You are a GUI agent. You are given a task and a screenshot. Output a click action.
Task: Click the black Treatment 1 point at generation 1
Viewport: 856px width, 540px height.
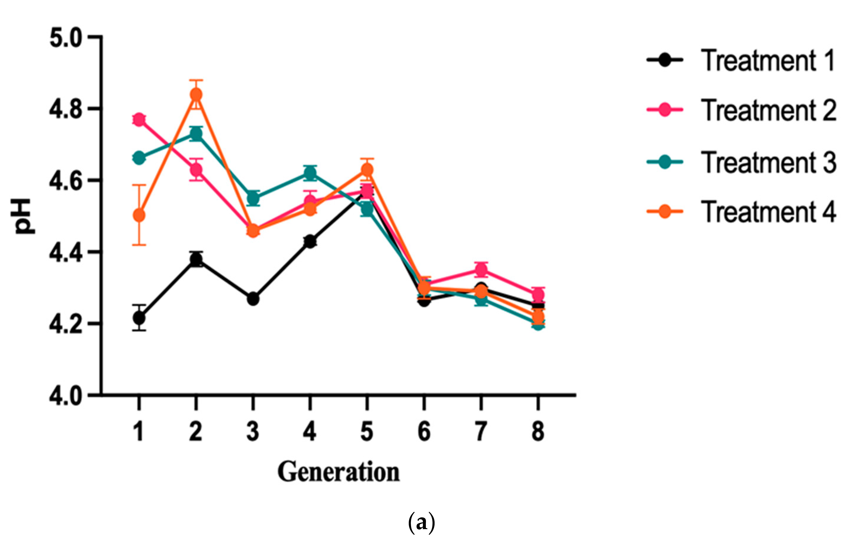(139, 317)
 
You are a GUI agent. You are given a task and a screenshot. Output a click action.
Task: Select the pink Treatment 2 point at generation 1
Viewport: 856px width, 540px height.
(139, 120)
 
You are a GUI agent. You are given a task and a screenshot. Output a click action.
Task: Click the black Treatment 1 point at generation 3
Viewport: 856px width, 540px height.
(253, 299)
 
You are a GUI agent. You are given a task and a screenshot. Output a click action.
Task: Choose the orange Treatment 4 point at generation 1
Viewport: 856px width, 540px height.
(139, 215)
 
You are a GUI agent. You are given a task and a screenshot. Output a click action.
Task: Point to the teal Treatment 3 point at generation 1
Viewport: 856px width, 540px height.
(139, 158)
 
